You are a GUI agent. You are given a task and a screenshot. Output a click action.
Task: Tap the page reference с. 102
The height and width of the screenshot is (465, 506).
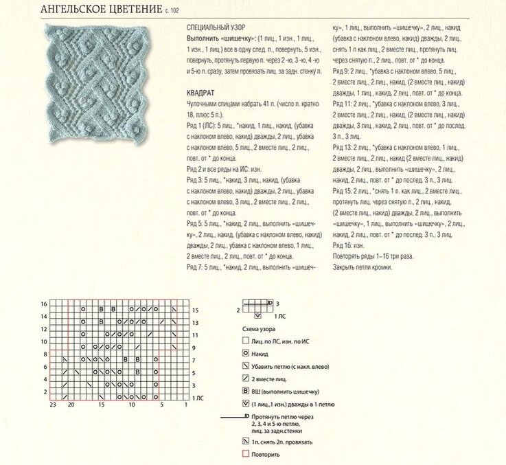pyautogui.click(x=174, y=12)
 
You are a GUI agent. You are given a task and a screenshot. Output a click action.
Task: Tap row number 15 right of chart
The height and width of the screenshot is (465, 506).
pyautogui.click(x=195, y=310)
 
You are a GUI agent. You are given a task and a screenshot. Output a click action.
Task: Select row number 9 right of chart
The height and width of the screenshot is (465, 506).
pyautogui.click(x=194, y=348)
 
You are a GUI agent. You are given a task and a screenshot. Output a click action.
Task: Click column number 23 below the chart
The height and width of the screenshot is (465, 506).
pyautogui.click(x=52, y=405)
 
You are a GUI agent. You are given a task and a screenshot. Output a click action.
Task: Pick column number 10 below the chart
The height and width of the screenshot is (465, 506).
pyautogui.click(x=131, y=405)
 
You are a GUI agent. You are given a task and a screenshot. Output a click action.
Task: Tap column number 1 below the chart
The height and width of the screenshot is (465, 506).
pyautogui.click(x=186, y=405)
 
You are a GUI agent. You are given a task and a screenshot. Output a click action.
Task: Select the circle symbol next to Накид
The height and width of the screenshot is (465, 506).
pyautogui.click(x=245, y=353)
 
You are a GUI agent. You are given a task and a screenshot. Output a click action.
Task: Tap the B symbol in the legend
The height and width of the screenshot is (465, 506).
pyautogui.click(x=245, y=392)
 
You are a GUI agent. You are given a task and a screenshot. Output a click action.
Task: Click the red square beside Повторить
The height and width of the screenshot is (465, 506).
pyautogui.click(x=245, y=455)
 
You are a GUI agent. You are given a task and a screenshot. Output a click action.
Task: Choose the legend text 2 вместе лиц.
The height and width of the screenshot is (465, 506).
pyautogui.click(x=271, y=378)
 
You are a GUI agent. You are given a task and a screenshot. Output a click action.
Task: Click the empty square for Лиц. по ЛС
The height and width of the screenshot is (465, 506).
pyautogui.click(x=245, y=340)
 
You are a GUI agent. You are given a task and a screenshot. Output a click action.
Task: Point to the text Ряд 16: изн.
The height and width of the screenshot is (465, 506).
pyautogui.click(x=349, y=245)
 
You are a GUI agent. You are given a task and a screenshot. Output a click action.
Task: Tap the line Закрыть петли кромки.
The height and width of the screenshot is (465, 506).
pyautogui.click(x=363, y=267)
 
